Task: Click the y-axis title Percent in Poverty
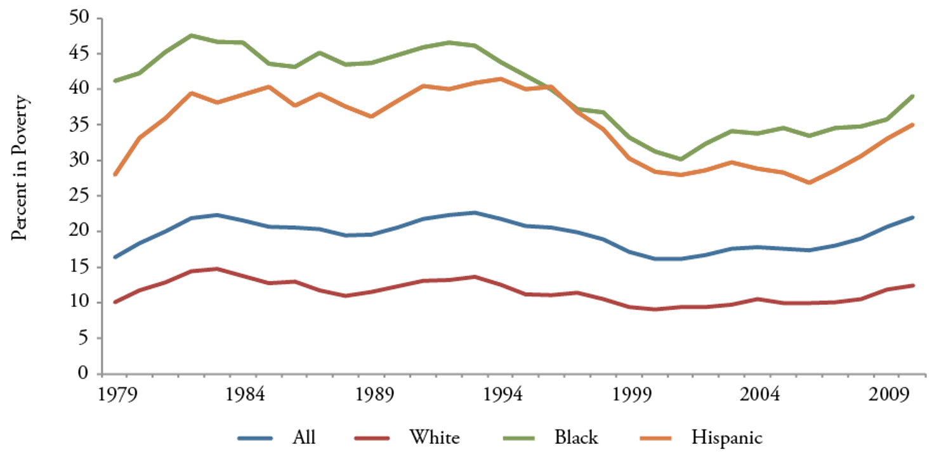pos(21,168)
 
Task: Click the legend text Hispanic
pos(728,437)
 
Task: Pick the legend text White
pos(435,437)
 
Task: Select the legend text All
pos(304,437)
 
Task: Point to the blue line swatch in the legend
pos(255,438)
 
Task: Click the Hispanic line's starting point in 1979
pos(115,174)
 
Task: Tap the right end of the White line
pos(912,285)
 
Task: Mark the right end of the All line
pos(912,217)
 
